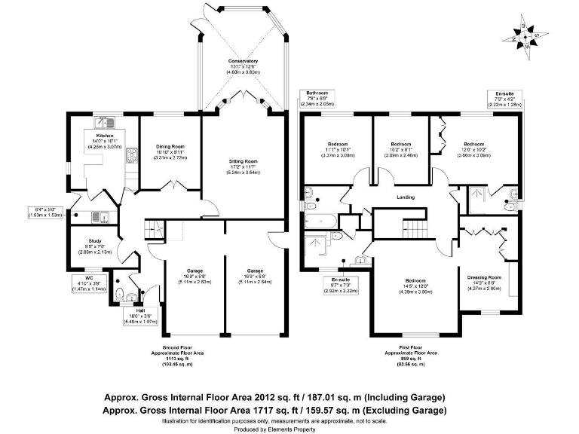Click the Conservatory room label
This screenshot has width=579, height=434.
(x=244, y=61)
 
